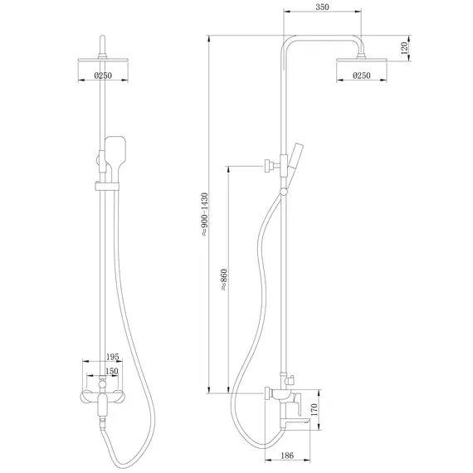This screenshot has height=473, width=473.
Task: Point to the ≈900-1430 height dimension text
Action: tap(203, 214)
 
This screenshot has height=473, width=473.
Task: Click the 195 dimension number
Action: tap(114, 356)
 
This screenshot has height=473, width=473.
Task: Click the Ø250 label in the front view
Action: tap(105, 76)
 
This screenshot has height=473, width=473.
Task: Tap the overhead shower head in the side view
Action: tap(363, 58)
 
